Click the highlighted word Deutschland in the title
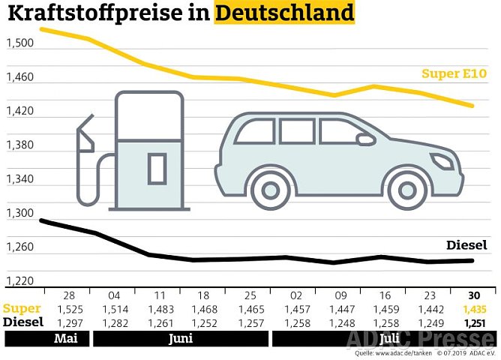coord(284,13)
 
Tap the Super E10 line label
coord(454,73)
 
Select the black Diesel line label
coord(466,245)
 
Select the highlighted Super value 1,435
coord(474,308)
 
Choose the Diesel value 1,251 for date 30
coord(474,322)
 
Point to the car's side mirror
coord(365,139)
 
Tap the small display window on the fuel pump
coord(157,168)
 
